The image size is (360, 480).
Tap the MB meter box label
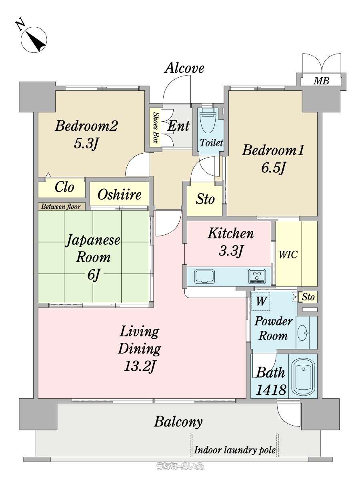click(321, 81)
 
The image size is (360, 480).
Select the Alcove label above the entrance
click(184, 68)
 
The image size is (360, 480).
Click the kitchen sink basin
click(204, 276)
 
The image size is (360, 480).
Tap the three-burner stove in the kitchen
click(257, 276)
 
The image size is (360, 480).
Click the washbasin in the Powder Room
click(303, 333)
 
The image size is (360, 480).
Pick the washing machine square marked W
click(260, 301)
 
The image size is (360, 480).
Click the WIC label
click(288, 254)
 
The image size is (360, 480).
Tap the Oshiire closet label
click(119, 194)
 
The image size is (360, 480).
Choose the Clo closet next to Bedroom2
click(62, 188)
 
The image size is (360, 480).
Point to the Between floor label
click(61, 206)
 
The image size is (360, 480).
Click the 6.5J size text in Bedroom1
click(274, 169)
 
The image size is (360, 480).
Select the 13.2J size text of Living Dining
click(140, 366)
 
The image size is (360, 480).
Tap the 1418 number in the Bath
click(271, 390)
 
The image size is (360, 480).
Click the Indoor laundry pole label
click(235, 450)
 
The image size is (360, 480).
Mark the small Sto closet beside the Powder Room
click(308, 297)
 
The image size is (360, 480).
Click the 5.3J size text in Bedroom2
click(86, 144)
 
